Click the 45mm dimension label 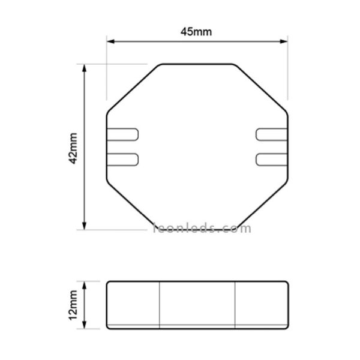[x=196, y=32]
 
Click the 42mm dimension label [x=73, y=148]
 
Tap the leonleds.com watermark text [x=203, y=228]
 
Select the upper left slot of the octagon [x=122, y=134]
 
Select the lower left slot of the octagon [x=122, y=159]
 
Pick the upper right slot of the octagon [x=271, y=134]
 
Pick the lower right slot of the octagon [x=271, y=159]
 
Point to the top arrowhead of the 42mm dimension [x=85, y=67]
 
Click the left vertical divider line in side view [x=160, y=305]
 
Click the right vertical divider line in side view [x=235, y=305]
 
